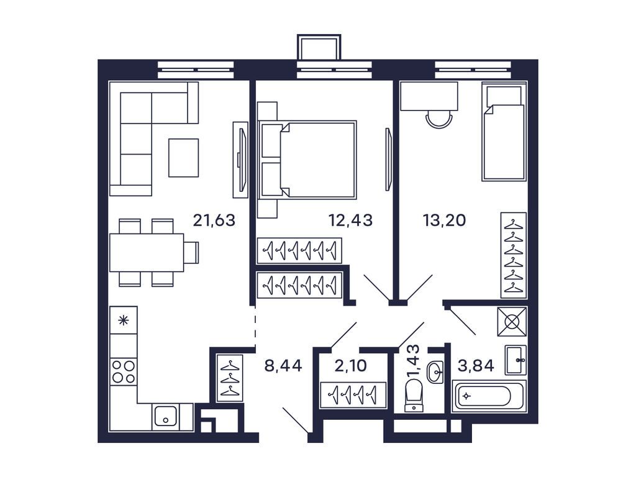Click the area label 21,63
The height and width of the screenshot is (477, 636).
click(214, 220)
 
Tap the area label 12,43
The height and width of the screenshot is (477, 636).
click(350, 220)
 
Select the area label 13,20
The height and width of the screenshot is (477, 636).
click(444, 220)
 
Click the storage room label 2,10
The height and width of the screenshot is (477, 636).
click(351, 366)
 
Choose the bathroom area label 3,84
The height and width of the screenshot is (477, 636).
click(476, 366)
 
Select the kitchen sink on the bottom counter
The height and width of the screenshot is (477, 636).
click(166, 417)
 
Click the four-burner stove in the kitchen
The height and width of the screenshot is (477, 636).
click(123, 371)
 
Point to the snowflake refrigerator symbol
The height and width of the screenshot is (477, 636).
click(123, 320)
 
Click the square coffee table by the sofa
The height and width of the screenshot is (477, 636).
click(183, 158)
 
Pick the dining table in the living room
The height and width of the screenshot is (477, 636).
click(147, 252)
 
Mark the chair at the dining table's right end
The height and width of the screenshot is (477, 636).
click(191, 252)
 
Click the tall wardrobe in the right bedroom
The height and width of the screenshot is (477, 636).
click(514, 255)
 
